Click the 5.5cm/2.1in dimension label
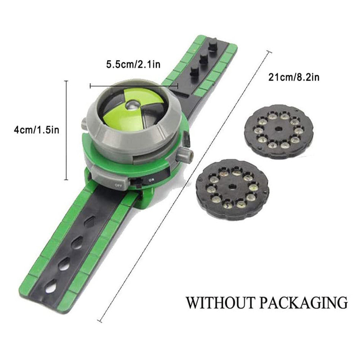pyautogui.click(x=133, y=64)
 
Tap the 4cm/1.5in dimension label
pyautogui.click(x=37, y=130)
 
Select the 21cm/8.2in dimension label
pyautogui.click(x=294, y=77)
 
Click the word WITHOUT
pyautogui.click(x=220, y=302)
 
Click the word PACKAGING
pyautogui.click(x=304, y=302)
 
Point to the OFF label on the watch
pyautogui.click(x=118, y=185)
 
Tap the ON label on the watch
pyautogui.click(x=152, y=180)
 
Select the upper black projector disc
pyautogui.click(x=279, y=131)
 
